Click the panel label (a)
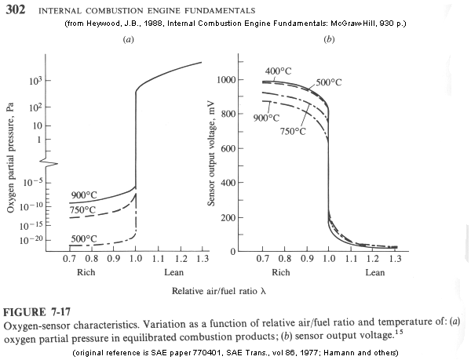[x=127, y=38]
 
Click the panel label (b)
[x=329, y=38]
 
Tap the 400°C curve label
[x=279, y=72]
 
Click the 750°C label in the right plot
[x=293, y=131]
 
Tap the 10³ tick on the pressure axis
[x=35, y=82]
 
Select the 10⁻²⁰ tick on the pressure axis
[x=31, y=239]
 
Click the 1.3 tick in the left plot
[x=203, y=258]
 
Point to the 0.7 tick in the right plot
[x=263, y=258]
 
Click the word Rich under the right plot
[x=280, y=273]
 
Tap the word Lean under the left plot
[x=173, y=273]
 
